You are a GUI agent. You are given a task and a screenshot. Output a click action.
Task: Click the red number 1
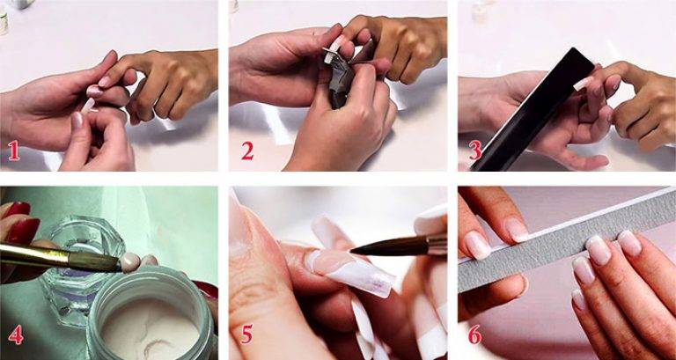[13, 151]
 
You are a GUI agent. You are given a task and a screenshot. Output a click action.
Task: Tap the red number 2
[247, 151]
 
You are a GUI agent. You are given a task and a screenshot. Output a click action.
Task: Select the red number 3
[475, 150]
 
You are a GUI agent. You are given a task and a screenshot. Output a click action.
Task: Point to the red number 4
[15, 334]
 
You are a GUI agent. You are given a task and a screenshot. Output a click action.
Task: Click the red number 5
[246, 334]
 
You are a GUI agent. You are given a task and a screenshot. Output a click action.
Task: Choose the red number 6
[474, 334]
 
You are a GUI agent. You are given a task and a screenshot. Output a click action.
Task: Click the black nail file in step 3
[533, 110]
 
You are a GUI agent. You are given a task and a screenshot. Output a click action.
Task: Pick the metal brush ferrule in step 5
[437, 244]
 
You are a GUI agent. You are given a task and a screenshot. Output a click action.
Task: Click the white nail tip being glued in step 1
[88, 106]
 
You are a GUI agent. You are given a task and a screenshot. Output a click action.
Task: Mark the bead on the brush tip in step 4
[130, 262]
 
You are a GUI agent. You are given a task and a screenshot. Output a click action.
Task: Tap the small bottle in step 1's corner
[4, 19]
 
